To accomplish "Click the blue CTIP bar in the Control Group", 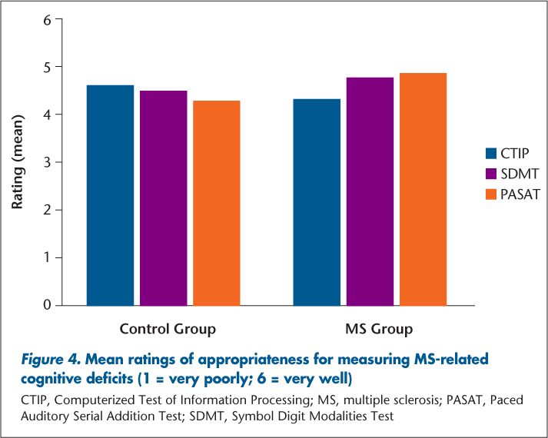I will point(110,195).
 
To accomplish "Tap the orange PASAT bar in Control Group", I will point(217,203).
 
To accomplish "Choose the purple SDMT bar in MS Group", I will point(370,191).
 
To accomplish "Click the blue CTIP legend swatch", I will point(492,152).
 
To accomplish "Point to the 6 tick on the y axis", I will point(47,19).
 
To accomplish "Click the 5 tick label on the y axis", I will point(47,67).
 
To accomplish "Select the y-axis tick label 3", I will point(47,162).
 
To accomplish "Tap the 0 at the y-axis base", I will point(47,305).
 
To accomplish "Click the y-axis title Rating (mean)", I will point(17,162).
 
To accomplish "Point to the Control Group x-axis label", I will point(168,330).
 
